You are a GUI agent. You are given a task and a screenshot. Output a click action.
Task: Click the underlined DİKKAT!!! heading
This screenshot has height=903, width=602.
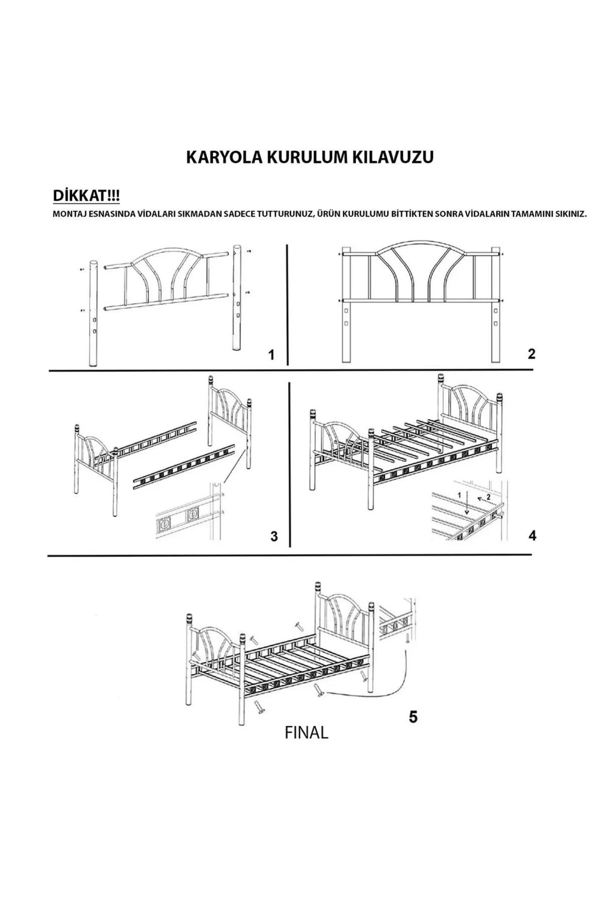point(86,195)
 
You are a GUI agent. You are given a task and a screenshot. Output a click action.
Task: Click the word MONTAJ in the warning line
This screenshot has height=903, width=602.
point(70,214)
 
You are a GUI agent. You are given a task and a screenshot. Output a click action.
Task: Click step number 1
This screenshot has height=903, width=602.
point(271,355)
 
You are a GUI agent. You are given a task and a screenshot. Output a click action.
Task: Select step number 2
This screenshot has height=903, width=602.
point(532,354)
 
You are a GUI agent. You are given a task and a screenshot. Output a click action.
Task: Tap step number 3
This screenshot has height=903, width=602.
point(274,536)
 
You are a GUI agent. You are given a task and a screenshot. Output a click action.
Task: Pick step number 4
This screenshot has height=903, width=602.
point(532,535)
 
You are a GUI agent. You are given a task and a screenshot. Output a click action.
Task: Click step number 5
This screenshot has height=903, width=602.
point(413,717)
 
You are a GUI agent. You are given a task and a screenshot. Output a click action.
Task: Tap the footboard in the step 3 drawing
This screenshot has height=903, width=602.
point(95,452)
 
